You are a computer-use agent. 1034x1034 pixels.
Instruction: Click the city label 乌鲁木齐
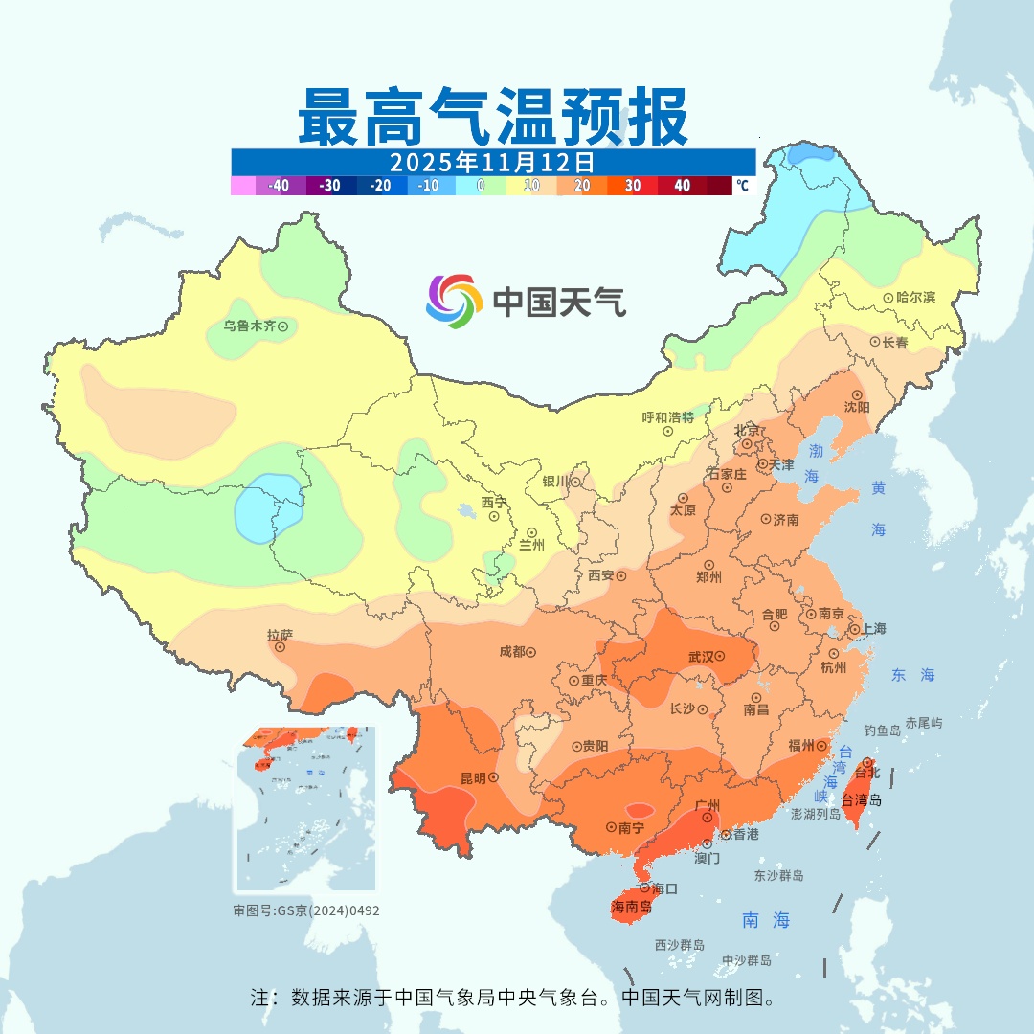pos(249,326)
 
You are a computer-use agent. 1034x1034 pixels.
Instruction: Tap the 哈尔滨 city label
pos(916,298)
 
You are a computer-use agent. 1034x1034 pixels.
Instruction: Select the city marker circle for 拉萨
pos(281,647)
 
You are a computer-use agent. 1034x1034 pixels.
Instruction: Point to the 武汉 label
pos(702,657)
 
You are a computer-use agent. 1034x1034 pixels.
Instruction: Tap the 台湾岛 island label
pos(862,800)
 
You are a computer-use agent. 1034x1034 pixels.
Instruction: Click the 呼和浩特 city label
pos(667,417)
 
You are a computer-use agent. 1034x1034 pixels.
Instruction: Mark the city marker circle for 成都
pos(530,652)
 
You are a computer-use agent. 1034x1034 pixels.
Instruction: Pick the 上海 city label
pos(873,629)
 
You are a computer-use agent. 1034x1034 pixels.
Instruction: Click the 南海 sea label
pos(767,920)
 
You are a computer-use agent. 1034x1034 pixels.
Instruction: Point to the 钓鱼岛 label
pos(882,731)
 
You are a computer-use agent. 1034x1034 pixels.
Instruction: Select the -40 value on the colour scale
pos(280,186)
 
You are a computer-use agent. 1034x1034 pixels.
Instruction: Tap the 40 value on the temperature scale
pos(683,186)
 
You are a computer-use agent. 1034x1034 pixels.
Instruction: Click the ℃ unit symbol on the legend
pos(742,186)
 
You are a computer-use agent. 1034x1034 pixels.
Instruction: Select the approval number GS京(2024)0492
pos(327,910)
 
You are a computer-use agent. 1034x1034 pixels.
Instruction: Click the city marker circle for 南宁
pos(611,826)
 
